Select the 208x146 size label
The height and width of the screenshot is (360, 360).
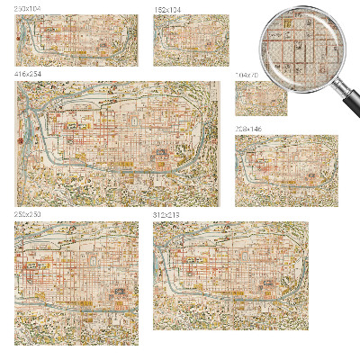pos(247,130)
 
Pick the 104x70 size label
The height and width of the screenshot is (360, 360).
pos(246,76)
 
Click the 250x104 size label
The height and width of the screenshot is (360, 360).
pos(27,9)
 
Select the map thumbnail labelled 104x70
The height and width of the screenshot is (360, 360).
pos(261,98)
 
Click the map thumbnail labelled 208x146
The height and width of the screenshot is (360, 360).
pos(286,171)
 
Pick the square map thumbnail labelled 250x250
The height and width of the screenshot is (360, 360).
pos(76,283)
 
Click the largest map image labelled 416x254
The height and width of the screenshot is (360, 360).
pos(117,144)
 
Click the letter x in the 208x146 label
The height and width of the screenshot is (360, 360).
pos(247,130)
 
